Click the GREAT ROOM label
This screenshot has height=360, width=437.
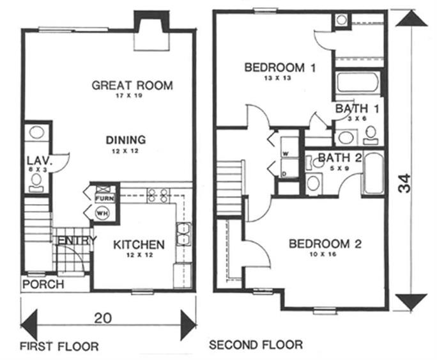click(x=132, y=85)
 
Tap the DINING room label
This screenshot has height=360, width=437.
click(x=126, y=139)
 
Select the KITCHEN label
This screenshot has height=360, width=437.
click(x=139, y=244)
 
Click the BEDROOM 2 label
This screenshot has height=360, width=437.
click(x=325, y=244)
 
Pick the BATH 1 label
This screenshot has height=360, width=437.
click(x=358, y=109)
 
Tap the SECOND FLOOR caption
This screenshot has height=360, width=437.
click(x=256, y=345)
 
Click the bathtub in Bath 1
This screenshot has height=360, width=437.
click(x=357, y=84)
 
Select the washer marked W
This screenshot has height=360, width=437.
click(x=285, y=153)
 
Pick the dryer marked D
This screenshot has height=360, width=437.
click(x=285, y=173)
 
